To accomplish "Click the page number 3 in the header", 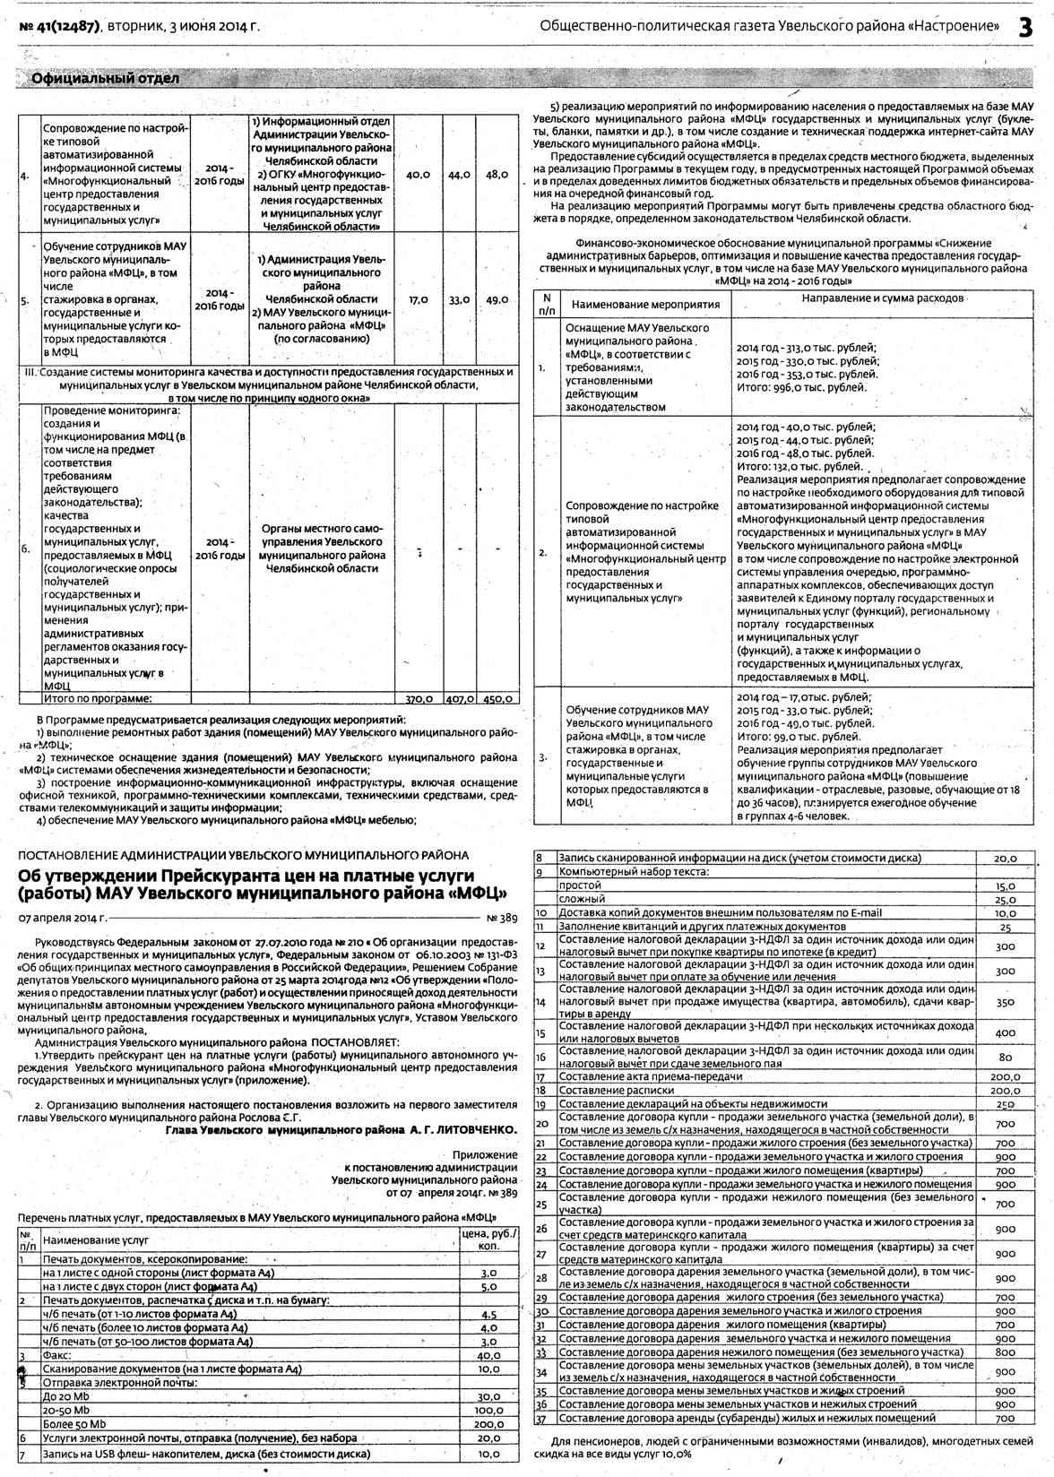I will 1026,28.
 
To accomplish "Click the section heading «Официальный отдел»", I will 105,79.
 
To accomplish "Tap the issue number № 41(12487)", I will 58,27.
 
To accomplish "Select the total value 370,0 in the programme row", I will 419,698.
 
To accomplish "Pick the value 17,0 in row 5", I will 419,299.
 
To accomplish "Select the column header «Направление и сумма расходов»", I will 883,298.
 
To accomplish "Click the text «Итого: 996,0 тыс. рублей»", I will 801,387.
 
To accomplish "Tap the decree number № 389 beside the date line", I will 502,918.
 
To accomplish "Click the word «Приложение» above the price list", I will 485,1154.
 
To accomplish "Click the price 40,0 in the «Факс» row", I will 489,1355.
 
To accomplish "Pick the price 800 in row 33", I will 1005,1352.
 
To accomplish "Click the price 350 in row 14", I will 1005,1002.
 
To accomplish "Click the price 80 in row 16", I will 1005,1057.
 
